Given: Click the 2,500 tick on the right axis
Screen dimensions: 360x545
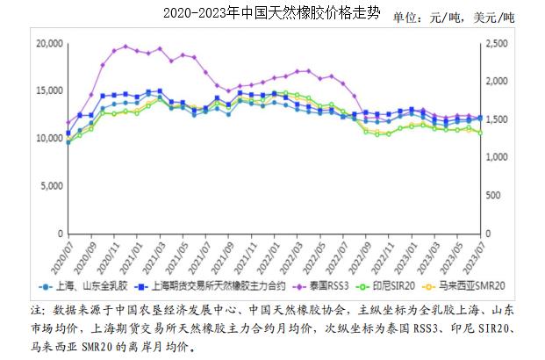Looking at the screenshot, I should pos(497,43).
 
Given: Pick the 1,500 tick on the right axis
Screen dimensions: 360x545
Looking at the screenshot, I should pos(497,119).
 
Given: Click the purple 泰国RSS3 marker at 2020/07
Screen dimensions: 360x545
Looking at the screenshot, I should pos(68,123).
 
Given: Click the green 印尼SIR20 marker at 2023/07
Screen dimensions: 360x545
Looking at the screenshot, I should pos(479,133).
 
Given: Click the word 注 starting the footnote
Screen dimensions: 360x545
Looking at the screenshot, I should pos(36,311).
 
